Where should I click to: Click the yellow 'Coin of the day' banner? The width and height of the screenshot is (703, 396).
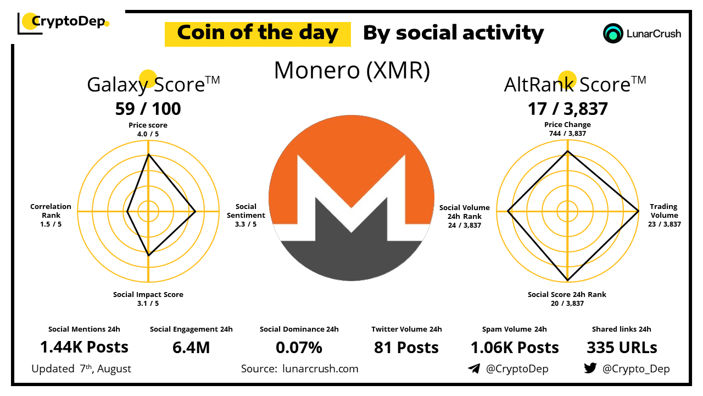tap(258, 34)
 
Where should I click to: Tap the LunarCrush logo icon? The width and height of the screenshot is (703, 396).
tap(612, 34)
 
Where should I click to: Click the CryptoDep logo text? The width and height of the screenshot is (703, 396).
tap(69, 21)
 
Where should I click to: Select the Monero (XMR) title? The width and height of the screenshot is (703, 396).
tap(352, 70)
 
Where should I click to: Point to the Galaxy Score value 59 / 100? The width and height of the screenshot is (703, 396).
tap(148, 109)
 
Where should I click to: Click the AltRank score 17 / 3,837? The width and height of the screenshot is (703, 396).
tap(567, 109)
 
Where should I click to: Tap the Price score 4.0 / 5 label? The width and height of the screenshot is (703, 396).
tap(148, 129)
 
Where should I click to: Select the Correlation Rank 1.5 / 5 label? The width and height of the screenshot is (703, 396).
tap(51, 215)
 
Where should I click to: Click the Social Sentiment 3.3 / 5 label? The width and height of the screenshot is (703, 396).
tap(246, 215)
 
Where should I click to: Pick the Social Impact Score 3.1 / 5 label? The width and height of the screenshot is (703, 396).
tap(148, 299)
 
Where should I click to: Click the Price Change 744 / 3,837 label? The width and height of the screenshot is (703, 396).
tap(567, 129)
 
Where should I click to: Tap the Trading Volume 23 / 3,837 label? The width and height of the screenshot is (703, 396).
tap(664, 215)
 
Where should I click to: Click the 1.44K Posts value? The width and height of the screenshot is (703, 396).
tap(84, 347)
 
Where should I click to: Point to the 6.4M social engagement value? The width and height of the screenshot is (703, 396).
tap(191, 348)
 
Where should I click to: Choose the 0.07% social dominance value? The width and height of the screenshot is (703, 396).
tap(299, 348)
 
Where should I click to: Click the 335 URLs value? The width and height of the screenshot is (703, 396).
tap(622, 348)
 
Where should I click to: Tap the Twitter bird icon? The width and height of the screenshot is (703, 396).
tap(590, 368)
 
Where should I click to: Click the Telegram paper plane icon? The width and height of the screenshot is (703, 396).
tap(474, 369)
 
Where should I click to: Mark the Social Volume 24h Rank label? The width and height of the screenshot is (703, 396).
tap(465, 216)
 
